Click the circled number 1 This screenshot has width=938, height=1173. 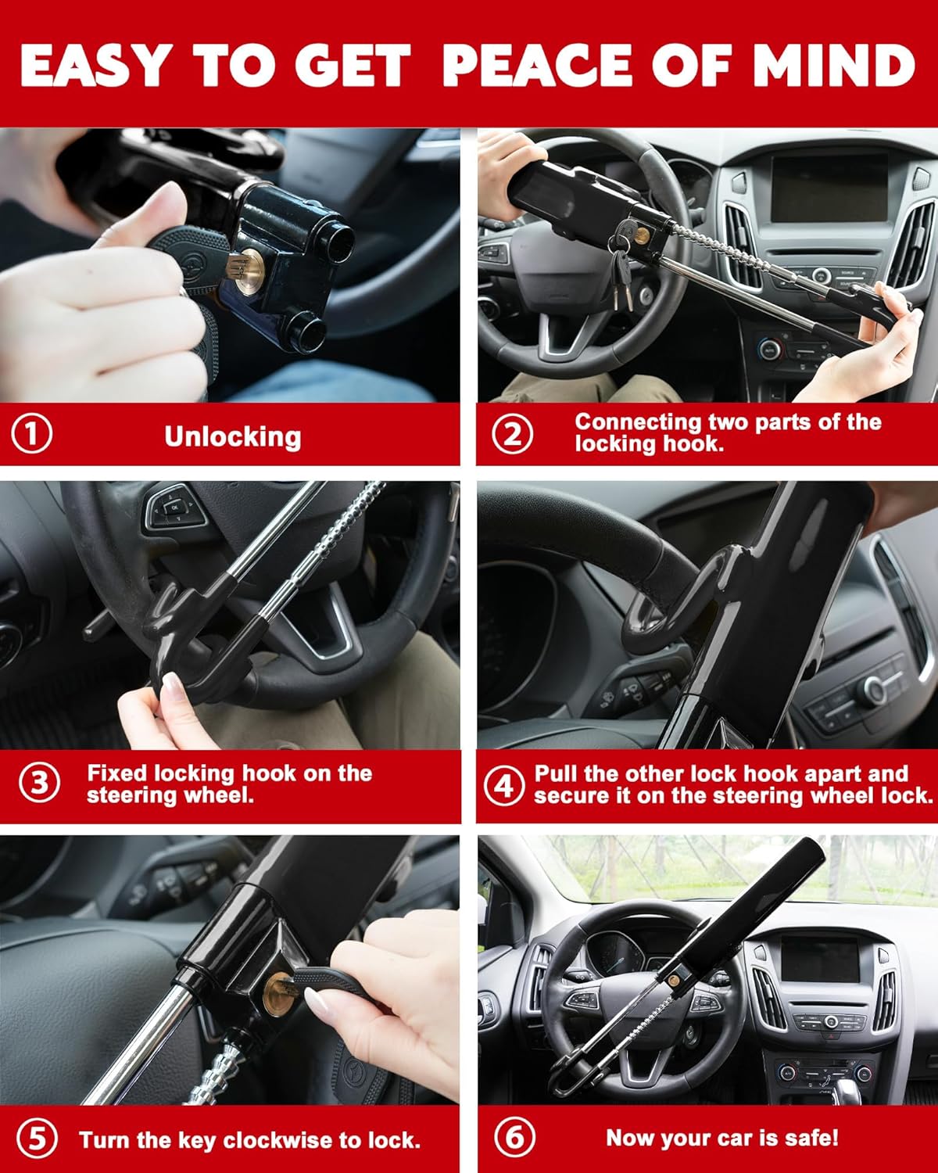(x=32, y=433)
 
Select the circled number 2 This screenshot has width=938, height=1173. (x=514, y=433)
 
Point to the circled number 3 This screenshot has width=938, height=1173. (x=39, y=784)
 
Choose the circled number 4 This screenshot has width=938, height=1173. (x=504, y=784)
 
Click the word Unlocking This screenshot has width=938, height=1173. (x=232, y=436)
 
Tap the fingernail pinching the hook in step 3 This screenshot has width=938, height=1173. (x=171, y=686)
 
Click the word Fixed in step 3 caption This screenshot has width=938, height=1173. (x=116, y=773)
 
